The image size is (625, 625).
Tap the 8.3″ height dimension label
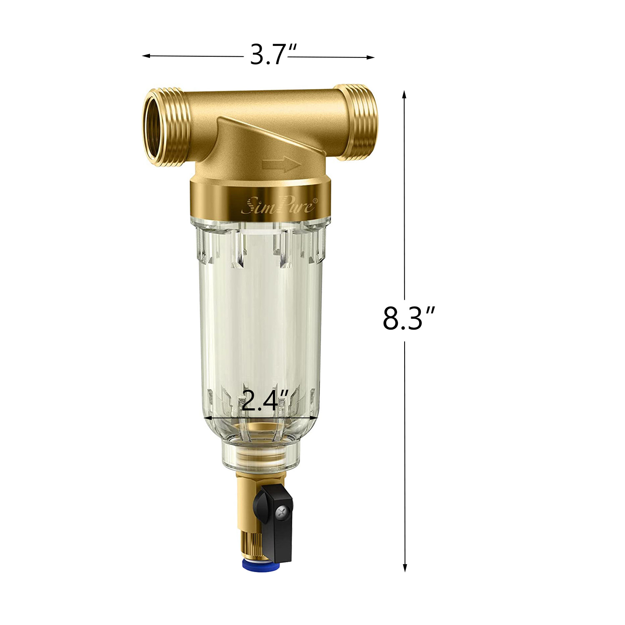pyautogui.click(x=408, y=319)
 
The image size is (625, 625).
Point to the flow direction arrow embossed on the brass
pyautogui.click(x=281, y=165)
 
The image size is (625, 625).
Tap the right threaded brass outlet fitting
pyautogui.click(x=357, y=122)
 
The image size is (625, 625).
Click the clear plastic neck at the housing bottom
pyautogui.click(x=260, y=458)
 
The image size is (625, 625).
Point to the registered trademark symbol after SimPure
pyautogui.click(x=315, y=200)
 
